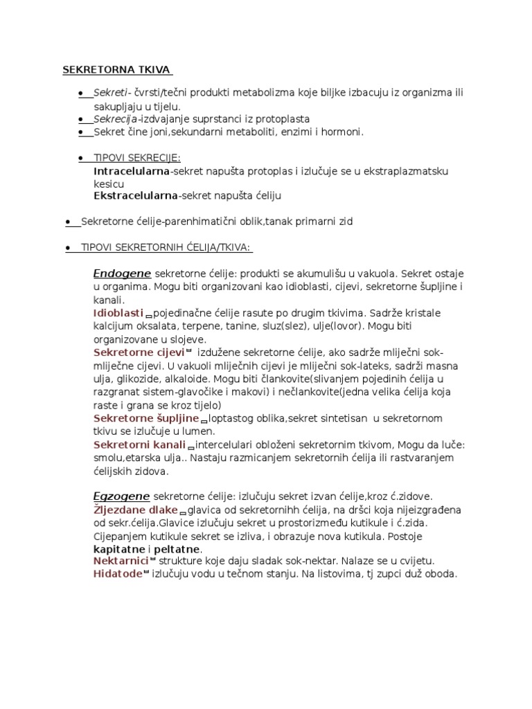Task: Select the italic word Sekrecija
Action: pyautogui.click(x=116, y=119)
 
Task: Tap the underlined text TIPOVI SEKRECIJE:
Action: pyautogui.click(x=137, y=157)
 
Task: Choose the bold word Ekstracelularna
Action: pyautogui.click(x=136, y=197)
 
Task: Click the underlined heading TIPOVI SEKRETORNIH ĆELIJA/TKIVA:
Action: pyautogui.click(x=166, y=248)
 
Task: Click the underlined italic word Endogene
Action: pyautogui.click(x=122, y=273)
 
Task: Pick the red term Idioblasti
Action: pyautogui.click(x=118, y=314)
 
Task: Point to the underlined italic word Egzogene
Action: pyautogui.click(x=121, y=496)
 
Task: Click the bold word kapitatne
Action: pyautogui.click(x=119, y=549)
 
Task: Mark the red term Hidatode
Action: pyautogui.click(x=117, y=575)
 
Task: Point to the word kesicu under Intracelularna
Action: pyautogui.click(x=109, y=184)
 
